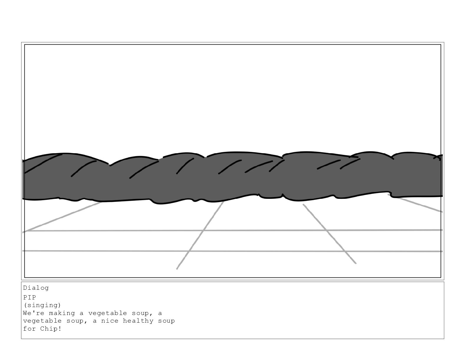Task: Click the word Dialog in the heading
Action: pyautogui.click(x=36, y=288)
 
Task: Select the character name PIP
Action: pyautogui.click(x=29, y=297)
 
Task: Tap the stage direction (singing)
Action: pyautogui.click(x=42, y=305)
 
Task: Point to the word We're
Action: pyautogui.click(x=34, y=313)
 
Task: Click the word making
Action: pyautogui.click(x=62, y=313)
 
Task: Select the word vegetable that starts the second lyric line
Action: pyautogui.click(x=42, y=321)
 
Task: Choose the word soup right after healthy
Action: pyautogui.click(x=167, y=321)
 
